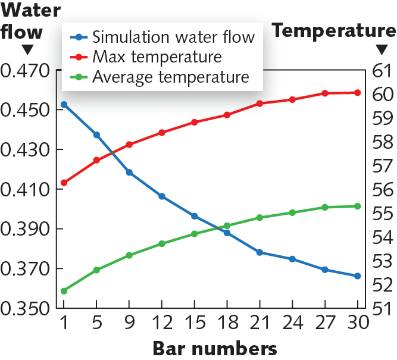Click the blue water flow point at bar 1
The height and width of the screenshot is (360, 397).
[x=64, y=105]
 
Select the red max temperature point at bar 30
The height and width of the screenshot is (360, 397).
[x=358, y=93]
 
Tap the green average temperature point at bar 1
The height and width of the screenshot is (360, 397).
[x=64, y=291]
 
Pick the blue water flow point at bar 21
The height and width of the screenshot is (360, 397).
[x=260, y=252]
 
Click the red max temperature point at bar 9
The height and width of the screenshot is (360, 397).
[x=129, y=145]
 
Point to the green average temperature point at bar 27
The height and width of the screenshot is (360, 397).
[x=325, y=208]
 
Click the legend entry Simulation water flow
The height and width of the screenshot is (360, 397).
[x=173, y=37]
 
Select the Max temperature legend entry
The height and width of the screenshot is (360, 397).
[x=157, y=57]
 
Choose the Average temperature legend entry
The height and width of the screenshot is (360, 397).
[x=170, y=77]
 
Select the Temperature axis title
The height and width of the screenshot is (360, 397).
[x=334, y=30]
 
